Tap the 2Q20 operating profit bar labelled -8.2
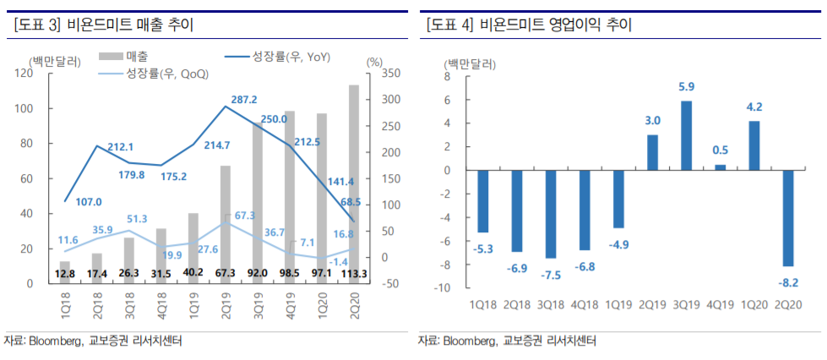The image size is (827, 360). (787, 218)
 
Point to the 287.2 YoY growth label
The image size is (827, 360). (244, 100)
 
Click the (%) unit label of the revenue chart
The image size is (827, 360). (375, 61)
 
